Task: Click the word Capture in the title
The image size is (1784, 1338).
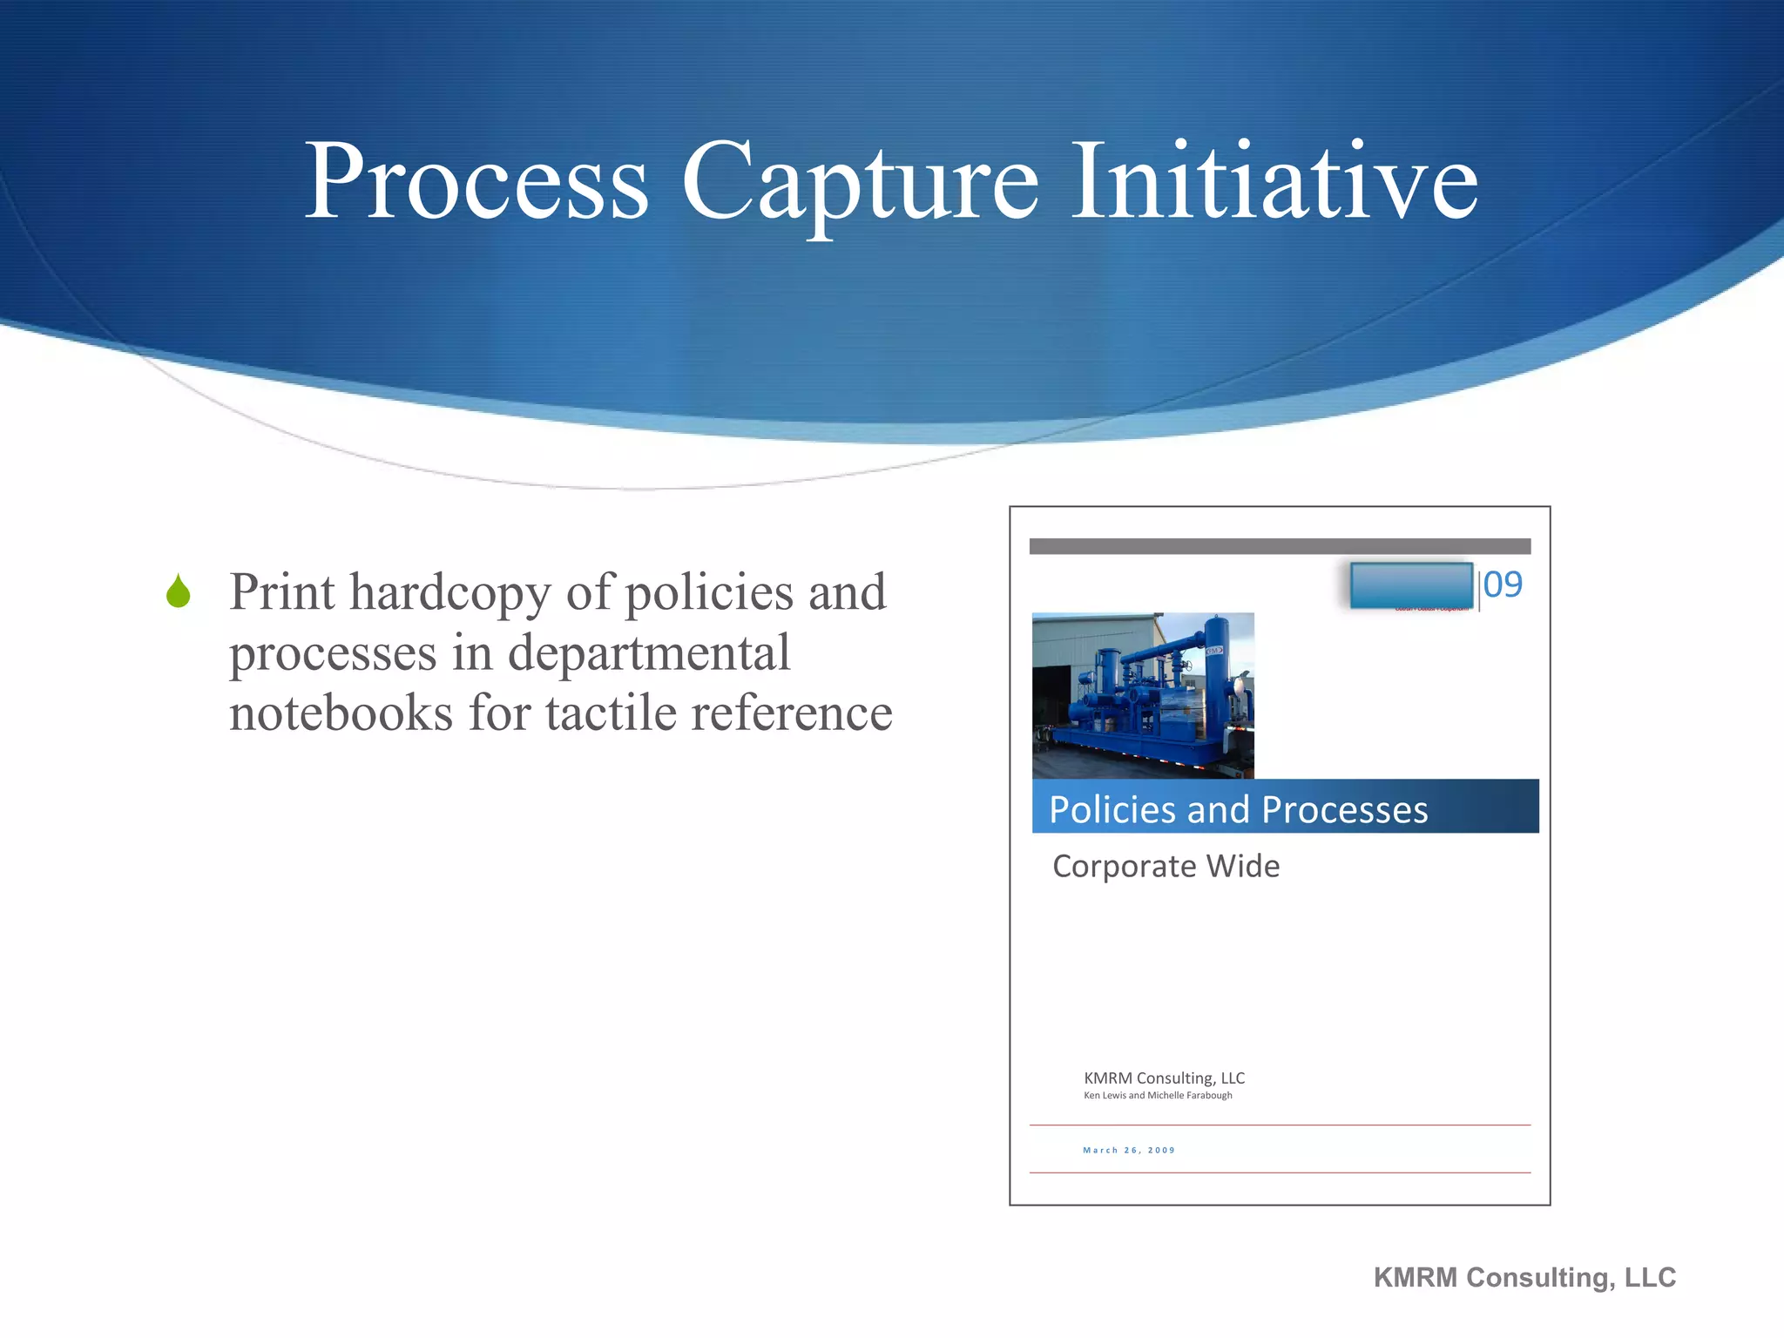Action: pos(859,183)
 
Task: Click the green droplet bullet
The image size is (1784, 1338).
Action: pos(179,591)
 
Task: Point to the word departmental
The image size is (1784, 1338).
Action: pos(648,653)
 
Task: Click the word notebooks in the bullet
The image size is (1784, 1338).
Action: pos(341,713)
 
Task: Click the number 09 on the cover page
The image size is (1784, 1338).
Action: pos(1503,585)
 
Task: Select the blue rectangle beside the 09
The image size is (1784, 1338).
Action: pos(1410,585)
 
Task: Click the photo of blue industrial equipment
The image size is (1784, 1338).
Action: pos(1143,695)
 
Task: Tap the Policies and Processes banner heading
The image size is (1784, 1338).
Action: pos(1238,809)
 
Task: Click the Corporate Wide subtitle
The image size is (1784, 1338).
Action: pos(1166,866)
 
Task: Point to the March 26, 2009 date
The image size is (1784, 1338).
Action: pos(1129,1150)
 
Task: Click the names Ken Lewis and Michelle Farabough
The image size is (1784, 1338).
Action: pos(1158,1096)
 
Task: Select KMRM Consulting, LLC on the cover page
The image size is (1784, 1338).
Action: pos(1164,1078)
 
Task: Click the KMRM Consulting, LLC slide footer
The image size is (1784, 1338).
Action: pos(1524,1277)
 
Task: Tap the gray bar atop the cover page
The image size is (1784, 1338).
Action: pos(1280,546)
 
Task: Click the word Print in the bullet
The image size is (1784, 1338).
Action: pos(281,592)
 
